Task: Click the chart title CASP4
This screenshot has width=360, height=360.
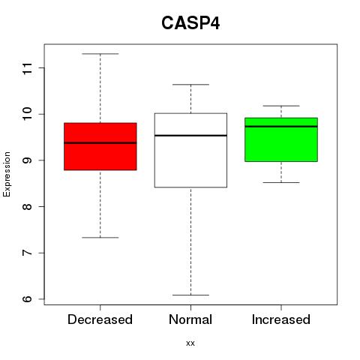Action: pos(190,23)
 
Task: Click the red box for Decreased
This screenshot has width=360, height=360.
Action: pos(100,146)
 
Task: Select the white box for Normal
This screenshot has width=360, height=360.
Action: pos(190,150)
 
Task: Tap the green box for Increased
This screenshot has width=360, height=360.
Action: pos(281,139)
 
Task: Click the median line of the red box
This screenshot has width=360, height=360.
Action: pos(100,143)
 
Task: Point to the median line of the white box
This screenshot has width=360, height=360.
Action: pos(190,136)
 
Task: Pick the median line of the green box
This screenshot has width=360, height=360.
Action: pos(281,127)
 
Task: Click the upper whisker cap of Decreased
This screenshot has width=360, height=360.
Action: pos(100,54)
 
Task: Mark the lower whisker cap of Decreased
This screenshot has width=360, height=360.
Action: pos(100,238)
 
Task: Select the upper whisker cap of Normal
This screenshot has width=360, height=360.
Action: pos(190,85)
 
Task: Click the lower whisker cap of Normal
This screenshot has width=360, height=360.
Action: pos(190,295)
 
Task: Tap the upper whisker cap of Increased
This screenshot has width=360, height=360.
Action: pos(281,106)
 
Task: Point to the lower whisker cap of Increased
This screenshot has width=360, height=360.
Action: pos(281,182)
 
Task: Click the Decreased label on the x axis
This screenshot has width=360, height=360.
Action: pos(100,319)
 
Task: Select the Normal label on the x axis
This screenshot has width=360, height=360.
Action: pos(190,319)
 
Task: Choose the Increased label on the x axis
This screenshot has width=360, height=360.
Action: pos(281,319)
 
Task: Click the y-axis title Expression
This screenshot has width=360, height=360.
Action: pos(7,174)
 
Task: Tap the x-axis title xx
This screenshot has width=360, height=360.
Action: pos(190,343)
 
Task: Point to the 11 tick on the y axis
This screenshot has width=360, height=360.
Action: pos(28,68)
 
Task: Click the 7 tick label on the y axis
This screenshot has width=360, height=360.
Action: pos(28,253)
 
